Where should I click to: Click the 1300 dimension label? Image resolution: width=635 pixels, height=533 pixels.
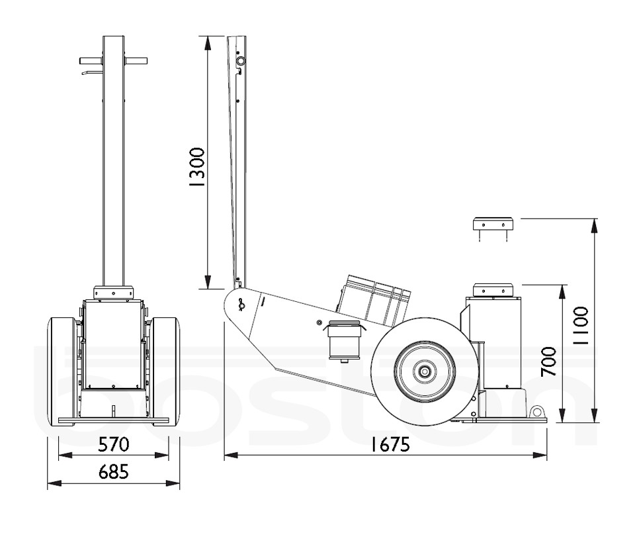pos(196,169)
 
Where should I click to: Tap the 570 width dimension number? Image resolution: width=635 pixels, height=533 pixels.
pos(113,444)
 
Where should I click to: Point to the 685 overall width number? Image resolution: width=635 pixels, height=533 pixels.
pos(113,472)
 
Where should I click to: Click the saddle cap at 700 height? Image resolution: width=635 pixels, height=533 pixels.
pos(493,290)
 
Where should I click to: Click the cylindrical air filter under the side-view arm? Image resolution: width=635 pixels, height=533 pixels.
pos(343,339)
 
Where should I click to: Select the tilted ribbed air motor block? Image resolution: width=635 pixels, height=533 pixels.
pos(374,299)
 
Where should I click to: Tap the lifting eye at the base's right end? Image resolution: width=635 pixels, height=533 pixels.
pos(534,411)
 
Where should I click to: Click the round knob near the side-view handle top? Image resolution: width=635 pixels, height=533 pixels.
pos(241,61)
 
